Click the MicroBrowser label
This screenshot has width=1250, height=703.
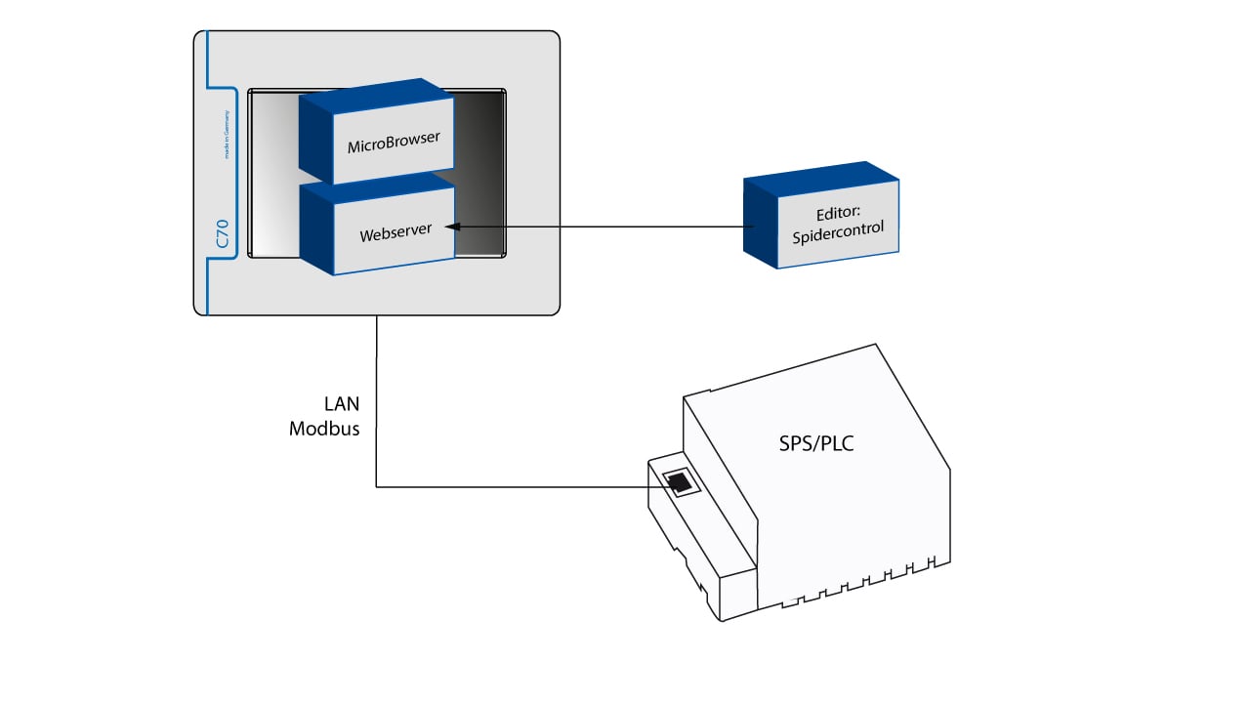tap(394, 145)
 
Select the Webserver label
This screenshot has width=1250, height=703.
tap(394, 235)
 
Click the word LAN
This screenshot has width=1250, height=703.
tap(342, 403)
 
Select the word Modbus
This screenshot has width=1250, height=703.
tap(324, 428)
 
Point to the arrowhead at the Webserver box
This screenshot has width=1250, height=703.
tap(451, 227)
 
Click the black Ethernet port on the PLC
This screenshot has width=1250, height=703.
tap(678, 481)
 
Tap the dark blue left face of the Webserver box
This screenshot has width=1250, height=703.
tap(315, 229)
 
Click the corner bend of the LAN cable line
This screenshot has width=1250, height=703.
tap(377, 486)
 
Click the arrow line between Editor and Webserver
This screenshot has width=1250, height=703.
tap(605, 227)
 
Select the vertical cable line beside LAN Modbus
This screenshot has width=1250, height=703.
tap(377, 410)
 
